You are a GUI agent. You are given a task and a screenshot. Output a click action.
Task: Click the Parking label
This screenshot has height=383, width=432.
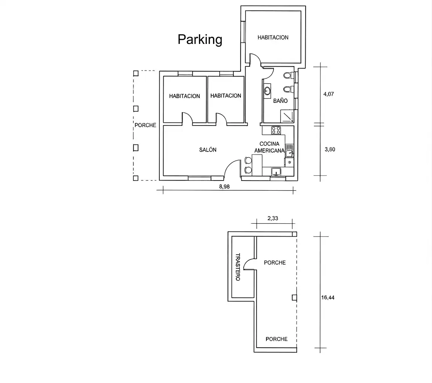[x=200, y=39]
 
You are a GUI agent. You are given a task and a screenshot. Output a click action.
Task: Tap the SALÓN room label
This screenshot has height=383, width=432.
[x=208, y=150]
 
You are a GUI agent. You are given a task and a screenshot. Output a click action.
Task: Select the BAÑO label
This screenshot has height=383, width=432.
[x=280, y=100]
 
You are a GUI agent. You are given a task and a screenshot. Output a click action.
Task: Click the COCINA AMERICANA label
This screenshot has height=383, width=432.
[x=270, y=147]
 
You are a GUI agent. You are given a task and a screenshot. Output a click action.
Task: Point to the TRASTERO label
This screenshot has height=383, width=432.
[x=238, y=267]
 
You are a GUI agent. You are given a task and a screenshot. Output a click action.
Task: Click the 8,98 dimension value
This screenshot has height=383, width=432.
[x=224, y=186]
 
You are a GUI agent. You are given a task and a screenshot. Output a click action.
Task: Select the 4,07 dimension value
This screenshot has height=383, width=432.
[x=328, y=94]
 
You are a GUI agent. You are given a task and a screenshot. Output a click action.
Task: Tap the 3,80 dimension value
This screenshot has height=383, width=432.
[x=330, y=150]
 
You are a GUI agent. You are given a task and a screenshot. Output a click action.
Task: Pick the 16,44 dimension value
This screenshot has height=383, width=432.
[x=328, y=297]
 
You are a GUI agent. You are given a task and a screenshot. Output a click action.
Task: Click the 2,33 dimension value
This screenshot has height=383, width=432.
[x=273, y=218]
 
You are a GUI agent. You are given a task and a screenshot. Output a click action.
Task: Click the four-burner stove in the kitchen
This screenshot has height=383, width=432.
[x=276, y=130]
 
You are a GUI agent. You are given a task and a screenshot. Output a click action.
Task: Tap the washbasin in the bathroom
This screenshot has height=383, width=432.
[x=267, y=91]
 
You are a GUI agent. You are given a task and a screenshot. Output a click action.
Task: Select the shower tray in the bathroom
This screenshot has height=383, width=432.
[x=287, y=116]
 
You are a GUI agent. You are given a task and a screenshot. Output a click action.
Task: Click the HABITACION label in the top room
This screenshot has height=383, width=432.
[x=273, y=37]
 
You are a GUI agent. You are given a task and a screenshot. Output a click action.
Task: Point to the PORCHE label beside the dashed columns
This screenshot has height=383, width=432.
[x=145, y=125]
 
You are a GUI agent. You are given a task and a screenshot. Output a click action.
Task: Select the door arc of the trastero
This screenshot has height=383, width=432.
[x=248, y=262]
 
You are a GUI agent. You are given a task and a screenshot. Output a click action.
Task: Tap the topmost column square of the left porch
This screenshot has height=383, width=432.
[x=136, y=73]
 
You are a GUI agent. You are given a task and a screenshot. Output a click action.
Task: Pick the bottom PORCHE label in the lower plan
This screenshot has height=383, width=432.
[x=276, y=339]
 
